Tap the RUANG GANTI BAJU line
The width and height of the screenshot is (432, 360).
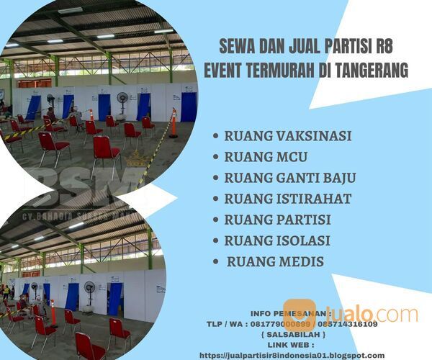[x=290, y=177]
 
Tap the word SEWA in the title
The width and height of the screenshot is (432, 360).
[x=237, y=49]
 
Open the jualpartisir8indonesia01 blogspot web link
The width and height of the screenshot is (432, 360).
[x=292, y=355]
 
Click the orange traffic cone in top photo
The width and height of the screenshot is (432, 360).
[x=173, y=123]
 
